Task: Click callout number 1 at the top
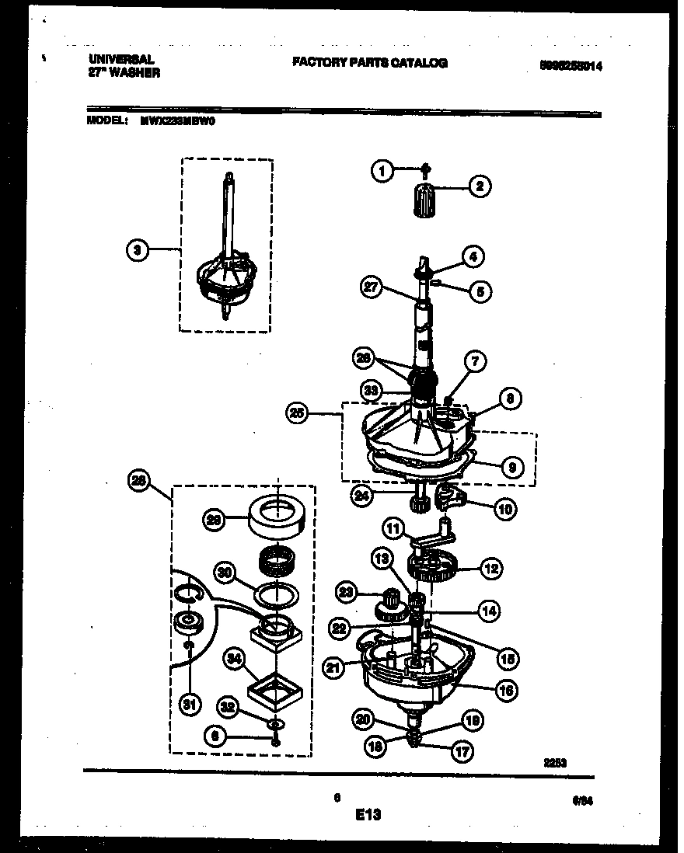click(382, 170)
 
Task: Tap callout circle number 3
click(137, 249)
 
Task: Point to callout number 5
click(480, 291)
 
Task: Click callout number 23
click(347, 593)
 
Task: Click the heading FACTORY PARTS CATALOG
click(369, 63)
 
